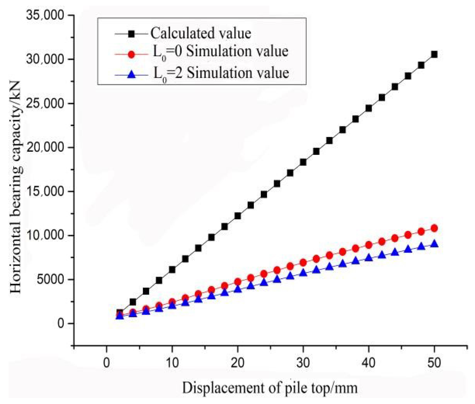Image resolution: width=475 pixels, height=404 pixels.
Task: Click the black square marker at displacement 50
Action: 434,54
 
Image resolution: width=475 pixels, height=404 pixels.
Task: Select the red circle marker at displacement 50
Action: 434,228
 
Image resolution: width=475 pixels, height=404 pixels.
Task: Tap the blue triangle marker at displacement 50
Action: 434,244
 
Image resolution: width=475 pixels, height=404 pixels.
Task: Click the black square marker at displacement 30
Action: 303,162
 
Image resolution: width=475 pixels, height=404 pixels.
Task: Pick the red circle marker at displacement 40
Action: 369,245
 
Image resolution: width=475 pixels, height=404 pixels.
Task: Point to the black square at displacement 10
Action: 172,269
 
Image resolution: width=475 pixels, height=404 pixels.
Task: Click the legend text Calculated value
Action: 201,34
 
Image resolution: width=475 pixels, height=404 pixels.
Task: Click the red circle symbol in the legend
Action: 131,54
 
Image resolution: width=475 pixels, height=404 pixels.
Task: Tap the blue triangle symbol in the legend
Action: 131,75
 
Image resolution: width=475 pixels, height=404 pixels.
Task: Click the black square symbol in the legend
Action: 131,34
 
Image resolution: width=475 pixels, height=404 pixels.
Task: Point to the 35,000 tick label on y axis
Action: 46,15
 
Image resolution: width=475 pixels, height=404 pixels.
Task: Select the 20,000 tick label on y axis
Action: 46,147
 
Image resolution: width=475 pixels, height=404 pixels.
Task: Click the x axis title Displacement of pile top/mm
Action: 270,388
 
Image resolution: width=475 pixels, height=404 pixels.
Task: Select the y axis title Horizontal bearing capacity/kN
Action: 16,187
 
